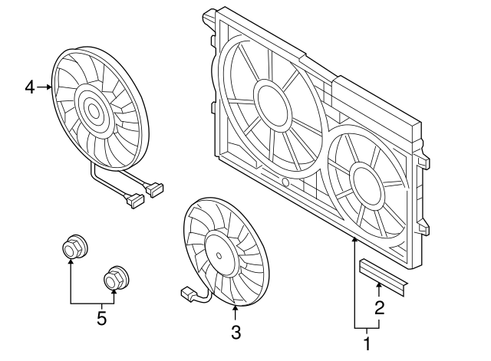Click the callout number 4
(29, 87)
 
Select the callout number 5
(101, 318)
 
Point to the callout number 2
(378, 308)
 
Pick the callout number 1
(366, 343)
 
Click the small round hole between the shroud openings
(285, 183)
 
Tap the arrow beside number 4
(45, 87)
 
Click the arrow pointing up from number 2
(378, 290)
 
